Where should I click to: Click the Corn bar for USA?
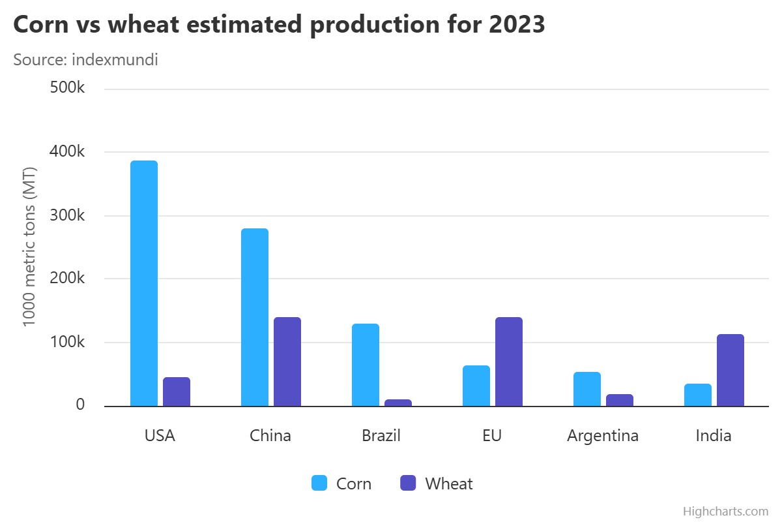[144, 283]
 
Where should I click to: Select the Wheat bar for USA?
[177, 391]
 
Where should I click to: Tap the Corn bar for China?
[255, 317]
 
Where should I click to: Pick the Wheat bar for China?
[287, 361]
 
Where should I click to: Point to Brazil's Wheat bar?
[398, 403]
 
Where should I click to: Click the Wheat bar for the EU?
[509, 361]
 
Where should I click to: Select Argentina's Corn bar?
[587, 389]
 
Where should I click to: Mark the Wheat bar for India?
[731, 370]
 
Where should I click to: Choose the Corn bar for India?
[698, 395]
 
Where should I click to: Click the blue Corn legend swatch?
[319, 483]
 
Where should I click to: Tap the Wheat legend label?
[449, 484]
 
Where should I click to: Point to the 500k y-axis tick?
[67, 87]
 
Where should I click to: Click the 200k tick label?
[67, 278]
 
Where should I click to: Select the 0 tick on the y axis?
[80, 405]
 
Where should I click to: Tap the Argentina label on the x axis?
[603, 436]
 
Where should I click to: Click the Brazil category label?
[381, 436]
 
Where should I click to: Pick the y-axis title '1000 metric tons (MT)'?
[29, 247]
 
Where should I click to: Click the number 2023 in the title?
[517, 25]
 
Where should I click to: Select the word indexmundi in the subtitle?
[115, 59]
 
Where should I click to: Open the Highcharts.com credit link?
[725, 511]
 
